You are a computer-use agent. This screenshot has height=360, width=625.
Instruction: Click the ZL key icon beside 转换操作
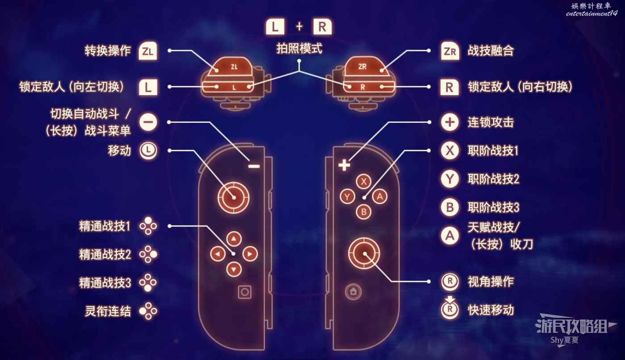click(x=148, y=51)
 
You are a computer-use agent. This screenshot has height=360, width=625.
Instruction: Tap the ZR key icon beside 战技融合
click(x=450, y=51)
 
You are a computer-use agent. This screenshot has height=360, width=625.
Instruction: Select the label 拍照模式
click(x=299, y=49)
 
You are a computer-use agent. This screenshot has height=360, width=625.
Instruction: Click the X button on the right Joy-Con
click(x=364, y=181)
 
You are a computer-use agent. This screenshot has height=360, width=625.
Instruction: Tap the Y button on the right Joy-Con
click(x=347, y=196)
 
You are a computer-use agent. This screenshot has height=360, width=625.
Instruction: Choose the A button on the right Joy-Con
click(x=379, y=196)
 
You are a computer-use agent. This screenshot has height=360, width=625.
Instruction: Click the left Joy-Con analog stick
click(x=233, y=197)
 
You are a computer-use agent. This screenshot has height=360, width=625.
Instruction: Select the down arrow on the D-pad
click(x=233, y=269)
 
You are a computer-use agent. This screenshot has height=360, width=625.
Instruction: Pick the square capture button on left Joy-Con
click(x=244, y=292)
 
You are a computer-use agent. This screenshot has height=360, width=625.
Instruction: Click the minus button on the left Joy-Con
click(x=254, y=166)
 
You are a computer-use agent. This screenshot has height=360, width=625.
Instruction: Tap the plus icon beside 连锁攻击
click(x=450, y=122)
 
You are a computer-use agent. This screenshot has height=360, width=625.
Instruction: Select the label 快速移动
click(x=491, y=310)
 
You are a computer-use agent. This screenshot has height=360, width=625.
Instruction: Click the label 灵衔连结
click(x=108, y=311)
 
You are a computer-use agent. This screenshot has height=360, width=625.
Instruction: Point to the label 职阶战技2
click(x=493, y=179)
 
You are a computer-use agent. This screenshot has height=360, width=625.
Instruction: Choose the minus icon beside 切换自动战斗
click(x=148, y=122)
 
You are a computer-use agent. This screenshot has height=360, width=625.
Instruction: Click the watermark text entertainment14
click(x=591, y=14)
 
